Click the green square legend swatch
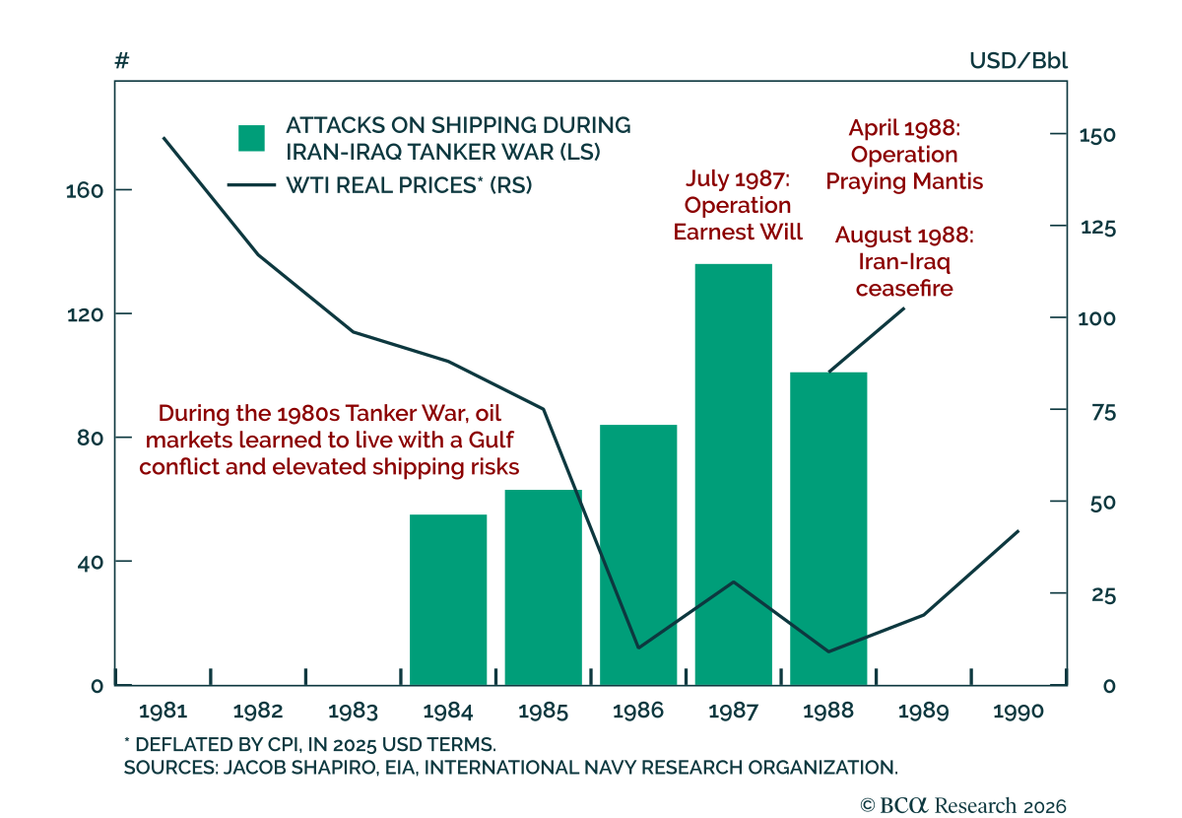pos(252,138)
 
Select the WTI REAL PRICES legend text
pos(409,184)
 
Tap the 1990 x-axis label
pos(1018,712)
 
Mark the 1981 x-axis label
pos(163,712)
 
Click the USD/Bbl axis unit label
pos(1018,61)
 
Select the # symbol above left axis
pos(122,61)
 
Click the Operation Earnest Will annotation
pos(738,205)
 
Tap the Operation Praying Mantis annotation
pos(904,155)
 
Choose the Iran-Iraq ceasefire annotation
pos(904,262)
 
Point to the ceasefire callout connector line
pos(866,340)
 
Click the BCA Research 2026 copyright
pos(963,805)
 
